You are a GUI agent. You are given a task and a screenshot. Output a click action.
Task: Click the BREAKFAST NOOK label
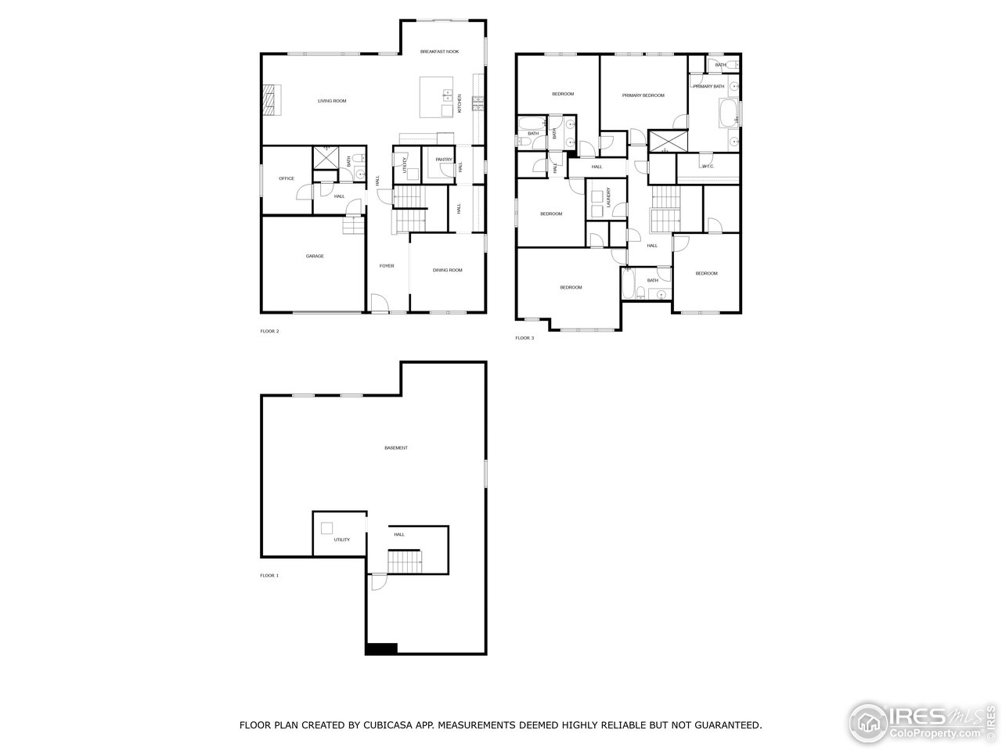(x=439, y=52)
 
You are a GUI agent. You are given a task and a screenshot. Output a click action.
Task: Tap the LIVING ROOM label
(x=332, y=101)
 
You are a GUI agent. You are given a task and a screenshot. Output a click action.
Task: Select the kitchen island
(x=437, y=96)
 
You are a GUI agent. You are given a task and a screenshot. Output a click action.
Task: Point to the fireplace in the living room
(x=270, y=100)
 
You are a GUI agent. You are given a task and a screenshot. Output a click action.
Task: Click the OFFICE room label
(x=287, y=178)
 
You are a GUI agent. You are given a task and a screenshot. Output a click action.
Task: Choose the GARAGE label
(x=315, y=256)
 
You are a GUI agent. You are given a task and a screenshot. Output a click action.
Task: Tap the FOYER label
(x=387, y=266)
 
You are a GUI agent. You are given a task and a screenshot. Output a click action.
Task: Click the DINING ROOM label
(x=448, y=270)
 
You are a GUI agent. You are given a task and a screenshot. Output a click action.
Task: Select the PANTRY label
(x=444, y=160)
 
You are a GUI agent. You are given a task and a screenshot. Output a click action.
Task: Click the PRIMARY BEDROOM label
(x=643, y=95)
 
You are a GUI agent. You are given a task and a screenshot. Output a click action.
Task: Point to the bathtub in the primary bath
(x=728, y=113)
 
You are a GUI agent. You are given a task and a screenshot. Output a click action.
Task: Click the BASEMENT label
(x=396, y=448)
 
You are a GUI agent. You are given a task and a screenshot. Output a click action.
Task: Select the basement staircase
(x=405, y=561)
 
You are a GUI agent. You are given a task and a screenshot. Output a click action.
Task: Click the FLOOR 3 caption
(x=524, y=338)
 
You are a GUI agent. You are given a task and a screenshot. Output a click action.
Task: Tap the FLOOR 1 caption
(x=269, y=576)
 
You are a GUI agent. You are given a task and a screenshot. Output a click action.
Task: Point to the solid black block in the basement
(x=381, y=649)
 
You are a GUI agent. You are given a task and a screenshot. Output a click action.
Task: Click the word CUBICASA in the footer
(x=362, y=725)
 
